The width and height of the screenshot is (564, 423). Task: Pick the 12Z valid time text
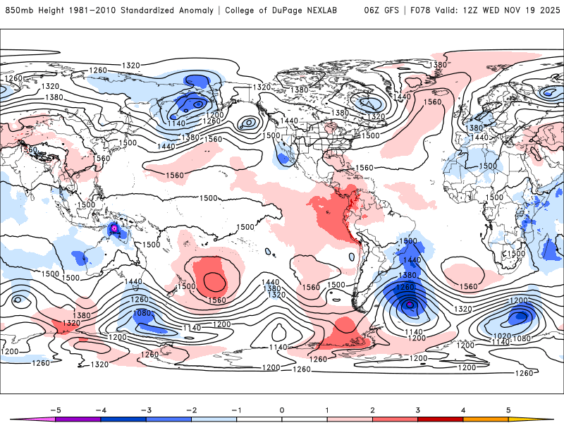coord(478,11)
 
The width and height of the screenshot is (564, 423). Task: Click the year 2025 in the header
coord(546,11)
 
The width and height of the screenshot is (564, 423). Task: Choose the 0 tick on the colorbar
coord(281,410)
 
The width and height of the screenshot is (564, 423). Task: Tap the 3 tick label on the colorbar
coord(417,410)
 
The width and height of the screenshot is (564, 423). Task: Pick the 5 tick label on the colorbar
coord(508,410)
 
